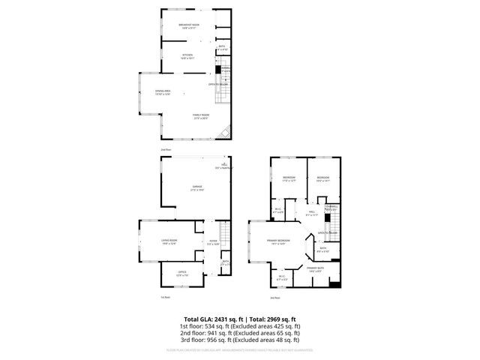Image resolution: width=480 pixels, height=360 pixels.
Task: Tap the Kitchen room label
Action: click(188, 56)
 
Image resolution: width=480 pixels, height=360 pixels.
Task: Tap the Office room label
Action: click(182, 273)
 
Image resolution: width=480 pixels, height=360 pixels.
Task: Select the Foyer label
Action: click(213, 241)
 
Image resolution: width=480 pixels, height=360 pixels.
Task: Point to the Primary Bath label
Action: click(313, 268)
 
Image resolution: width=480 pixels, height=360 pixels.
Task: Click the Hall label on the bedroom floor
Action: click(312, 213)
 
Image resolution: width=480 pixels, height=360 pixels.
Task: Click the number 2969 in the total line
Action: click(274, 319)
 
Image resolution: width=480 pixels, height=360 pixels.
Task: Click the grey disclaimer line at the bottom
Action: click(239, 350)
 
